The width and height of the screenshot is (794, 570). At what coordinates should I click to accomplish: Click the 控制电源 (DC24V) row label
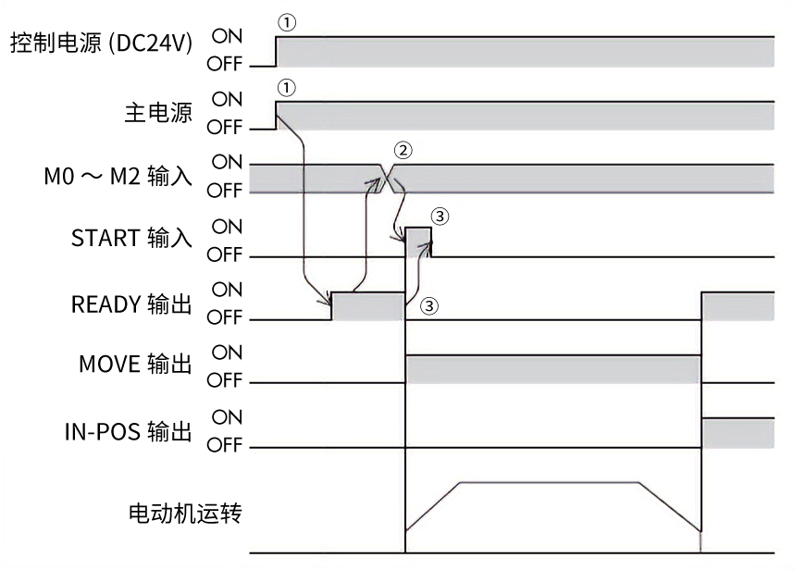pyautogui.click(x=102, y=44)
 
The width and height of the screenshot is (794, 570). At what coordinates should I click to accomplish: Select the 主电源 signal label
pyautogui.click(x=158, y=113)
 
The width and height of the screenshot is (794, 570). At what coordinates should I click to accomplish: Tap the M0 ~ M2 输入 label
pyautogui.click(x=118, y=177)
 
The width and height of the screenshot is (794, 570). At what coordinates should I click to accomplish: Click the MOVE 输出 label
pyautogui.click(x=135, y=366)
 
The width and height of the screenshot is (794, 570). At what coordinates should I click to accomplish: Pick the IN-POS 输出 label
pyautogui.click(x=128, y=430)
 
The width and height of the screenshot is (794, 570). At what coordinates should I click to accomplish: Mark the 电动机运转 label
pyautogui.click(x=185, y=512)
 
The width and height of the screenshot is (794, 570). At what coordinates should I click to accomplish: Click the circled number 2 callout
pyautogui.click(x=401, y=149)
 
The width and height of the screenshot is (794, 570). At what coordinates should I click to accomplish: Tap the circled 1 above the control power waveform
pyautogui.click(x=286, y=21)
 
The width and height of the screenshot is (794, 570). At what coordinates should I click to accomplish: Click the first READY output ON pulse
pyautogui.click(x=368, y=305)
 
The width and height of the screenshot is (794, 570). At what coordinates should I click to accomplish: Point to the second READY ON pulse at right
pyautogui.click(x=738, y=305)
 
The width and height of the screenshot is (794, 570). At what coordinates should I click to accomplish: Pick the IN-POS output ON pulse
pyautogui.click(x=738, y=431)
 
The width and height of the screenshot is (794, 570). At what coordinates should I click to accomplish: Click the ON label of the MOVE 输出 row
pyautogui.click(x=228, y=353)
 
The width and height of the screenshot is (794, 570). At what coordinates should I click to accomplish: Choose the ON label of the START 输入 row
pyautogui.click(x=228, y=226)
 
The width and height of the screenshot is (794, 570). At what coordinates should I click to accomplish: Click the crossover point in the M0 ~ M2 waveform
pyautogui.click(x=389, y=178)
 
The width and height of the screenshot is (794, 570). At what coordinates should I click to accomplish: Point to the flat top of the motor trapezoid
pyautogui.click(x=548, y=482)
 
